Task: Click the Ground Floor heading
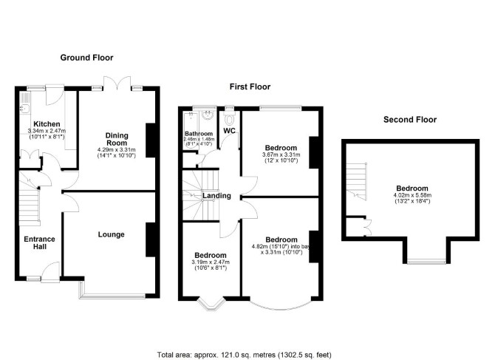pyautogui.click(x=86, y=58)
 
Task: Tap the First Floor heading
pyautogui.click(x=250, y=86)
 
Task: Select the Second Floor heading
pyautogui.click(x=410, y=119)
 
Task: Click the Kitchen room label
pyautogui.click(x=47, y=123)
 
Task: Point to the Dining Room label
pyautogui.click(x=117, y=139)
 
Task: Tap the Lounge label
pyautogui.click(x=111, y=234)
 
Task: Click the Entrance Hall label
pyautogui.click(x=39, y=243)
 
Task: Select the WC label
pyautogui.click(x=230, y=130)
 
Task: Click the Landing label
pyautogui.click(x=216, y=196)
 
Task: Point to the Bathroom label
pyautogui.click(x=199, y=134)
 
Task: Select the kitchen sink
pyautogui.click(x=25, y=109)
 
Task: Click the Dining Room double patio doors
pyautogui.click(x=117, y=83)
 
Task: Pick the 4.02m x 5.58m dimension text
pyautogui.click(x=412, y=195)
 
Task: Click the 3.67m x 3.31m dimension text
pyautogui.click(x=281, y=154)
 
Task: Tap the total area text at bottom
pyautogui.click(x=245, y=355)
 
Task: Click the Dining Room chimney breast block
pyautogui.click(x=151, y=140)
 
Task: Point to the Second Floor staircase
pyautogui.click(x=357, y=181)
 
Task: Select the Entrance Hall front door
pyautogui.click(x=50, y=271)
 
